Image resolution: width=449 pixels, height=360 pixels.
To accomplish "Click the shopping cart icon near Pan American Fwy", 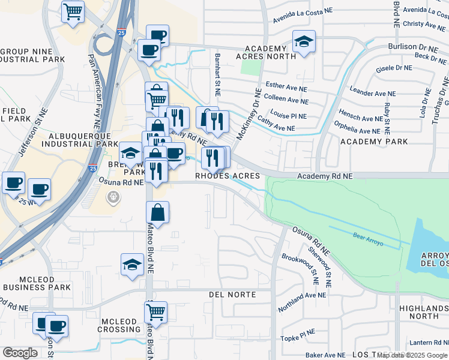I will coord(73,11).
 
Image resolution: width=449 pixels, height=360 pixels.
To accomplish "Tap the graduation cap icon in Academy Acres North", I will coord(304,41).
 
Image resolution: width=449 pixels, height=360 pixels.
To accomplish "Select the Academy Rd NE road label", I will coord(325,176).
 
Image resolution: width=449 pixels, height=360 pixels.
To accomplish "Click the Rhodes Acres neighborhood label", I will coord(228,176).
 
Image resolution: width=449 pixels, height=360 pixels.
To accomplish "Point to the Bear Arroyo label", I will coord(368,236).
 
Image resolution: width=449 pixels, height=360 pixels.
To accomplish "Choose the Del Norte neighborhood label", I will coord(232,295).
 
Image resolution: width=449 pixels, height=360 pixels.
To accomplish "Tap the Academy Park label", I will coord(374,142).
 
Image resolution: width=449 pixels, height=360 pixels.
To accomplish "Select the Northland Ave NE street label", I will coord(302,302).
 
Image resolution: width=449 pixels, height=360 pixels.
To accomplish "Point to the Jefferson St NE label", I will coord(33,132).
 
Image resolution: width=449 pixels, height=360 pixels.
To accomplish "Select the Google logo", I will coord(20,353).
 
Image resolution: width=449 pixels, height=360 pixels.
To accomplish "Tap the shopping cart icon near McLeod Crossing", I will coord(156,312).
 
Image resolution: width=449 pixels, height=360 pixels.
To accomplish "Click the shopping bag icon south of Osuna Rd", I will coord(157,212).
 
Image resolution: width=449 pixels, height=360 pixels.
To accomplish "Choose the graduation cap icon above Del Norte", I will coord(131,264).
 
